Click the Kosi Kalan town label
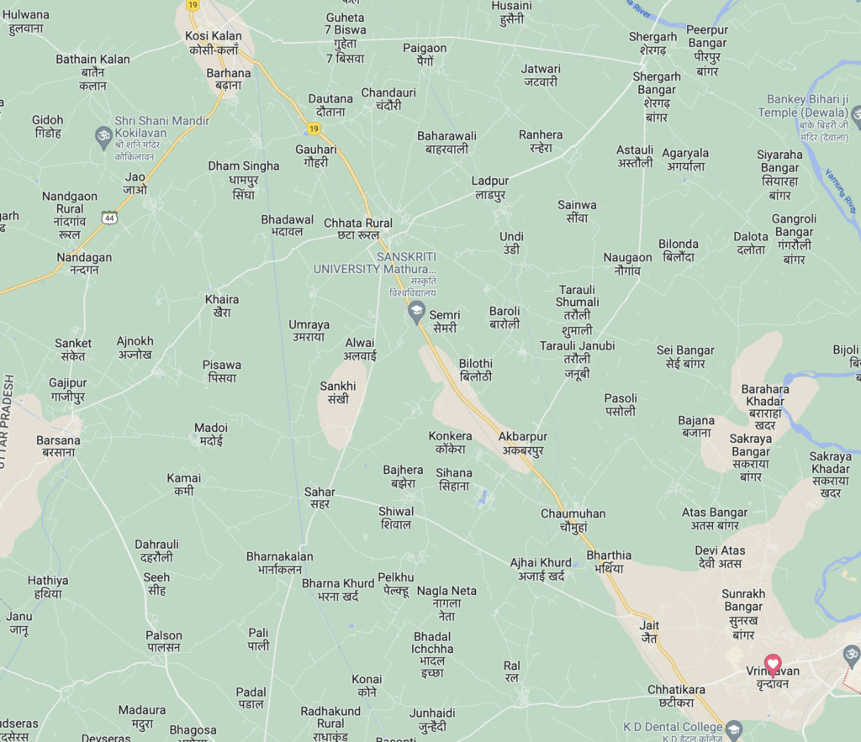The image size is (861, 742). (214, 43)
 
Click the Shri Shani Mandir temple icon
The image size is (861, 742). (104, 134)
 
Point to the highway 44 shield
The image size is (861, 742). (109, 218)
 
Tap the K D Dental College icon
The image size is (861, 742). (734, 728)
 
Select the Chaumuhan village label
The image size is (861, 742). (573, 520)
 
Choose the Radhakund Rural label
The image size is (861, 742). (330, 717)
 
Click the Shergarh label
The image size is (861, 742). (652, 43)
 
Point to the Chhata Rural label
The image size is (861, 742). (358, 229)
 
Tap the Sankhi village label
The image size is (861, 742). (338, 392)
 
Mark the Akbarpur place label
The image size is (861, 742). (522, 444)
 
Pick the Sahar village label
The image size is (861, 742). (320, 497)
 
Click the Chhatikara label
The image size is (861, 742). (676, 696)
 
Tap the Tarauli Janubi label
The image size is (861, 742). (577, 359)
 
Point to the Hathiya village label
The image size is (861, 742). (48, 587)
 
